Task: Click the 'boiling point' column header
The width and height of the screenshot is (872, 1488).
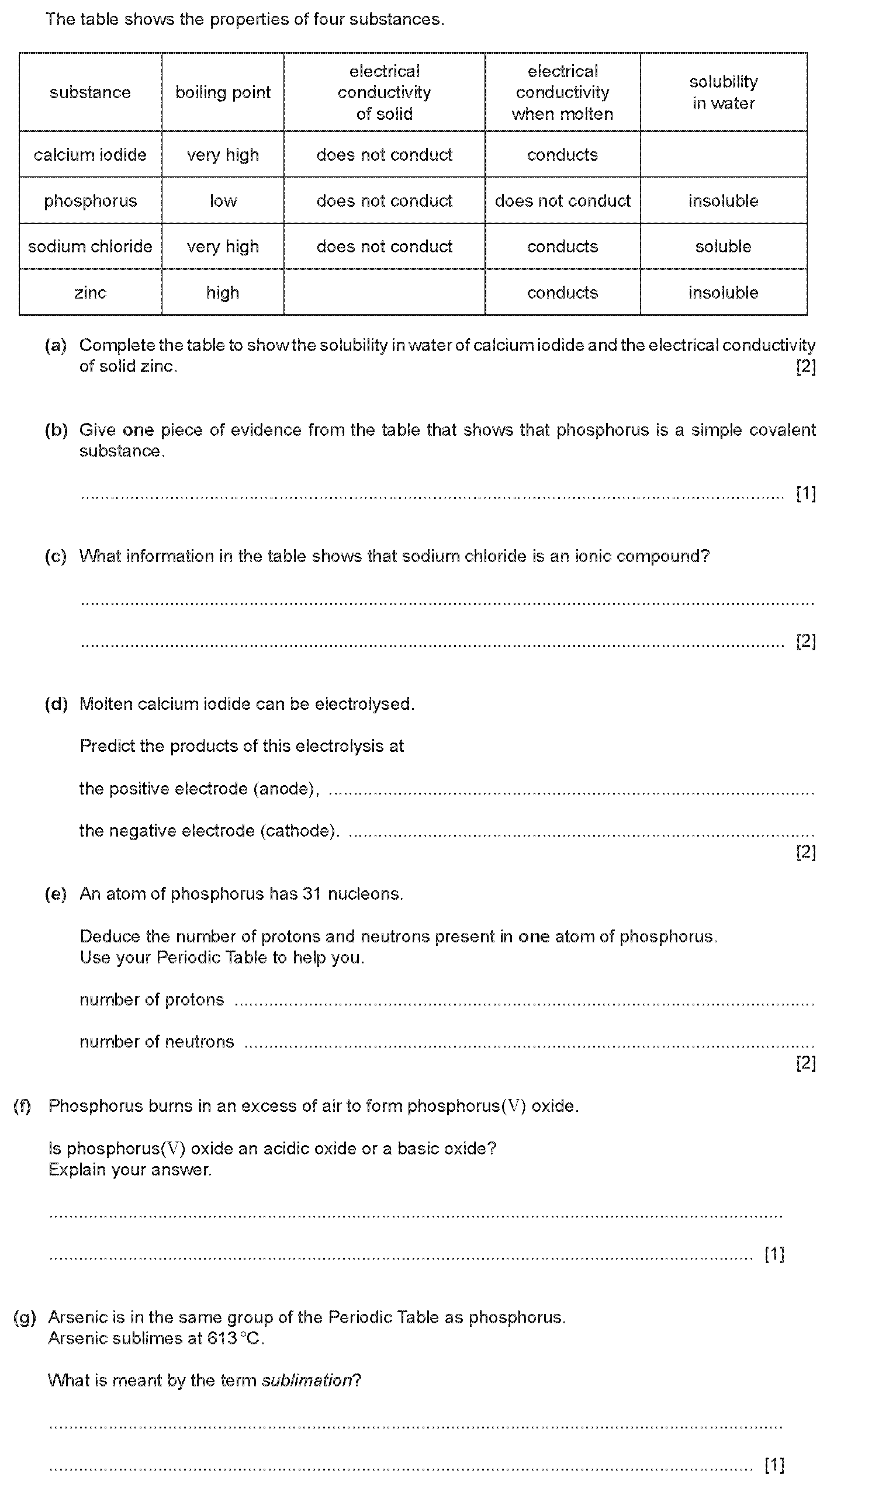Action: pos(223,92)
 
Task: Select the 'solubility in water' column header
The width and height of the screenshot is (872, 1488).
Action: pos(723,92)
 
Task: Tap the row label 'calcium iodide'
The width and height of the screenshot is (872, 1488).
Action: pos(90,155)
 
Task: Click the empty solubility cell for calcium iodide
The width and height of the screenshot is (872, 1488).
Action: pos(723,155)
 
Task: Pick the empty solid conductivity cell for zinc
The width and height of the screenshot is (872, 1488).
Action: pos(384,292)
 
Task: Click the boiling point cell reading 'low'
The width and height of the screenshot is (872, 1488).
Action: pos(223,201)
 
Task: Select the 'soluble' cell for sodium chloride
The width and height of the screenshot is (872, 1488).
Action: pos(723,246)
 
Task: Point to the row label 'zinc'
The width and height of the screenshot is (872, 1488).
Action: pos(90,292)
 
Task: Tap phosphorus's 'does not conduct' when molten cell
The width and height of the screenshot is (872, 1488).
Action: pos(562,201)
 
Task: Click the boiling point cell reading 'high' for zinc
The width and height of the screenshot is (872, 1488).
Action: pos(223,292)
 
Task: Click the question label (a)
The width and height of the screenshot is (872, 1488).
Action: pos(56,345)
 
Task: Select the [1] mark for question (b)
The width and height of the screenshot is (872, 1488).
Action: pos(806,493)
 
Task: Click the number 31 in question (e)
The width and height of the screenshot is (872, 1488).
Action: pos(312,894)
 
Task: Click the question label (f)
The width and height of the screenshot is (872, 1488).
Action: pos(22,1106)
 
